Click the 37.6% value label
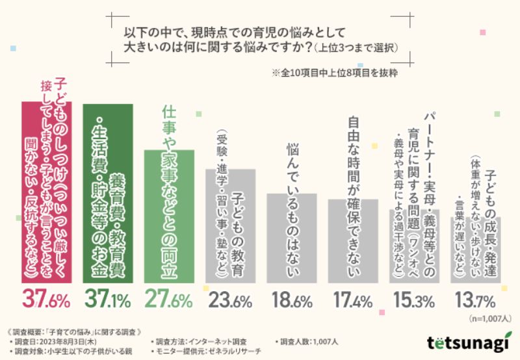click(x=46, y=300)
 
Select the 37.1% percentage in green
click(x=108, y=300)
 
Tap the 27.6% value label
click(x=169, y=300)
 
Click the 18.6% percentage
click(x=292, y=300)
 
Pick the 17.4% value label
click(x=353, y=300)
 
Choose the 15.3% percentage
click(x=415, y=300)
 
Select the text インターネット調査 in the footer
click(x=221, y=341)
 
